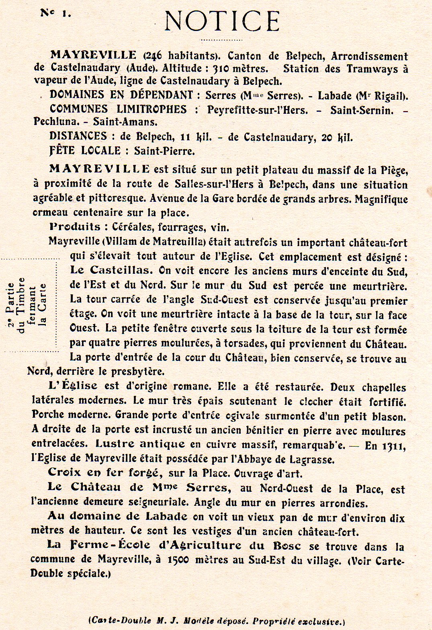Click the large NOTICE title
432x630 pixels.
click(x=222, y=21)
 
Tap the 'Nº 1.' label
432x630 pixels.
click(x=55, y=13)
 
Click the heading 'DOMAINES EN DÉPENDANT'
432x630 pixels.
click(x=121, y=95)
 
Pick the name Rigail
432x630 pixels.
click(x=389, y=96)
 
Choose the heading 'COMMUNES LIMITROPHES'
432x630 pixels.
click(x=118, y=109)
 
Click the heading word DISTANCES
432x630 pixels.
click(x=78, y=136)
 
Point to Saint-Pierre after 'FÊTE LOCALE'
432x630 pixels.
click(x=164, y=151)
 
